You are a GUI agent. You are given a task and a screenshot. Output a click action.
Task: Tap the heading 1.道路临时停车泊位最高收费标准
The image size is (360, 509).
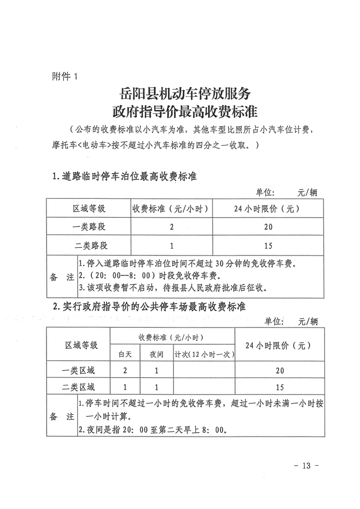point(124,176)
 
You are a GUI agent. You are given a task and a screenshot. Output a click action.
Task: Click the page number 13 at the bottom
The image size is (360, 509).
point(308,465)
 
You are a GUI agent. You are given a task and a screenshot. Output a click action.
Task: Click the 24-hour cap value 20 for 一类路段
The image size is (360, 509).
point(268,227)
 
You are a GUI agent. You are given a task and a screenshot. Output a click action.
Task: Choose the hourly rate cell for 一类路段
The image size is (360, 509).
point(172,227)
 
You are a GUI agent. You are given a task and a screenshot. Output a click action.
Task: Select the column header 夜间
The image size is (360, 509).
point(157,354)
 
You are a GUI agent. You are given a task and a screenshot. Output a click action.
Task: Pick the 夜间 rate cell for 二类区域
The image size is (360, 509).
point(157,387)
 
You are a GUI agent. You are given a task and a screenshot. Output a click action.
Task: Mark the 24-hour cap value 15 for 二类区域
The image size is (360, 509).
point(280,387)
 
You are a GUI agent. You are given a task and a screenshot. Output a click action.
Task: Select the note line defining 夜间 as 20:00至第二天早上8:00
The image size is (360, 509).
point(153,430)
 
